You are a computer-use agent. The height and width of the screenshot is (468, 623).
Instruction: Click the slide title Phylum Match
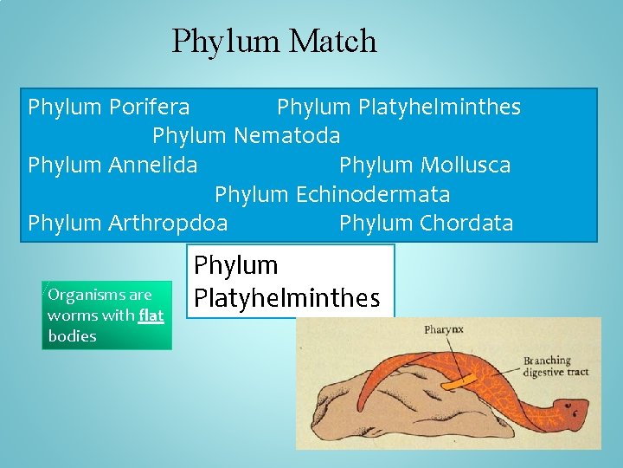274,41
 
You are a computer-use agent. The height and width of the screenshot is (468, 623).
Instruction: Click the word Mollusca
466,165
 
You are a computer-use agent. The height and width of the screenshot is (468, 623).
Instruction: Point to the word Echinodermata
373,194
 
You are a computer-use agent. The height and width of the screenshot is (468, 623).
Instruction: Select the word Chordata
466,223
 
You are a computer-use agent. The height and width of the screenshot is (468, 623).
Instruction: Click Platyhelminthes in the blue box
441,107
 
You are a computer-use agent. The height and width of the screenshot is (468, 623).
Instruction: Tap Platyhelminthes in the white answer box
287,298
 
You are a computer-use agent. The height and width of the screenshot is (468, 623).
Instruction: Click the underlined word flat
151,315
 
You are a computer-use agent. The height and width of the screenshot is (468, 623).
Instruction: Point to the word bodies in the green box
73,336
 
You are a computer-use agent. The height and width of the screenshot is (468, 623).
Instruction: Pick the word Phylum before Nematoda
189,136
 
